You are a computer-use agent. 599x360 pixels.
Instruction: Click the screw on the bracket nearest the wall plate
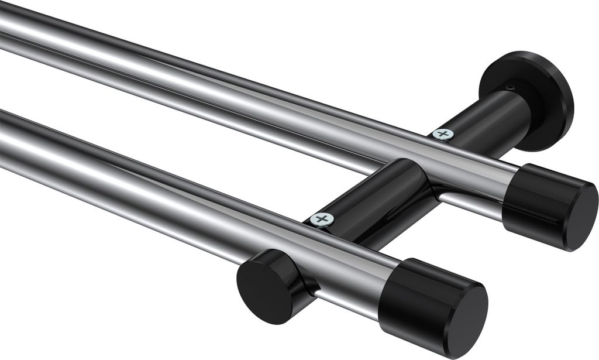(443, 134)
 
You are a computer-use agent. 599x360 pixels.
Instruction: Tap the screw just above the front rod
(322, 220)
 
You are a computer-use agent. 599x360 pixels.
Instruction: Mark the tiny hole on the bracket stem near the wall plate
(511, 88)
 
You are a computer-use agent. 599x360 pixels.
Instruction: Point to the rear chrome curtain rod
(234, 88)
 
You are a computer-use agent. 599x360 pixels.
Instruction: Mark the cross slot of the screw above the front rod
(322, 220)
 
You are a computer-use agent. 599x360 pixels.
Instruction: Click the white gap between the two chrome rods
(175, 117)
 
